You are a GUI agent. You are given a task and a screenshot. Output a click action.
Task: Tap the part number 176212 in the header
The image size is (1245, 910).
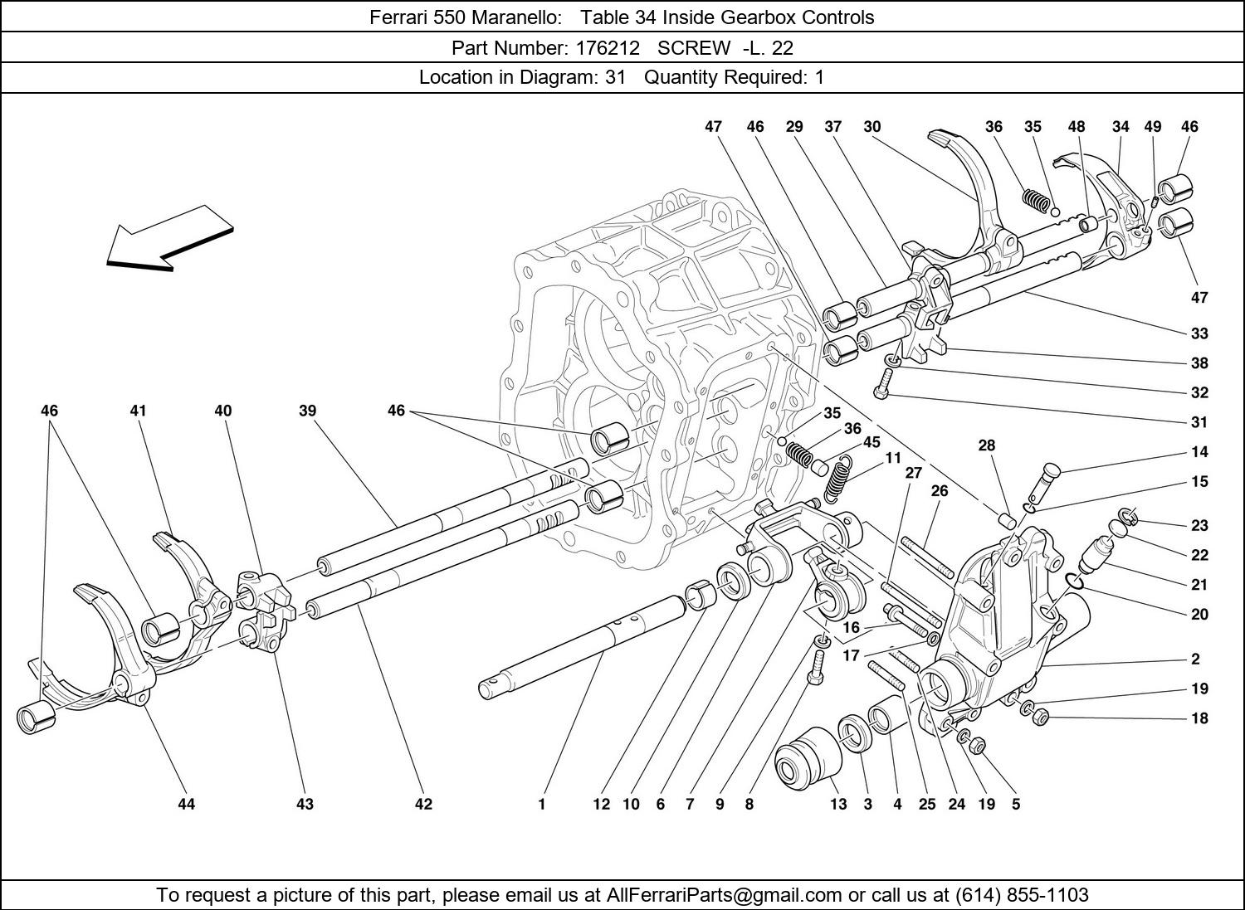coord(608,47)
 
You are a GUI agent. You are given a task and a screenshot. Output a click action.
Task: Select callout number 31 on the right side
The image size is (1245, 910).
coord(1199,422)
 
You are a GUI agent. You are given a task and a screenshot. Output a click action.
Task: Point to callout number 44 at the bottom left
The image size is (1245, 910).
coord(186,804)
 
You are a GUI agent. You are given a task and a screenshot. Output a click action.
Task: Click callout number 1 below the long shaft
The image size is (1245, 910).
coord(541,804)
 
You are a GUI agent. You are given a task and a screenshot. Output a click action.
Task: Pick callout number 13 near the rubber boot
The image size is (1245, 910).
coord(838,804)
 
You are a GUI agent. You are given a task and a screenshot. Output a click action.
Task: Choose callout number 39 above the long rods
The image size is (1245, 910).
coord(308,411)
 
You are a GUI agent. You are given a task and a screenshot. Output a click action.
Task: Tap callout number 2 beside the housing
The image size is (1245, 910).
coord(1195,659)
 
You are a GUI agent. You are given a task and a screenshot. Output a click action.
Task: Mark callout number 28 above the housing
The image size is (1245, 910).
coord(986,445)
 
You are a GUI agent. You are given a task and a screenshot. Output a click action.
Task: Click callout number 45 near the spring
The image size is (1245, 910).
coord(871,442)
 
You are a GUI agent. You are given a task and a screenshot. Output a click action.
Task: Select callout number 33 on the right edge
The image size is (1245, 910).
coord(1199,333)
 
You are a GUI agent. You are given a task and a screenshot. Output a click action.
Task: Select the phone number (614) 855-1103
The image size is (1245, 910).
coord(1021,895)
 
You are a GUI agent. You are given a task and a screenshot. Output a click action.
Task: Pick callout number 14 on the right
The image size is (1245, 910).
coord(1199,452)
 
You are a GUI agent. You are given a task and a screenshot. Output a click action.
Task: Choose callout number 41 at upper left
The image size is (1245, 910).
coord(138,411)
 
